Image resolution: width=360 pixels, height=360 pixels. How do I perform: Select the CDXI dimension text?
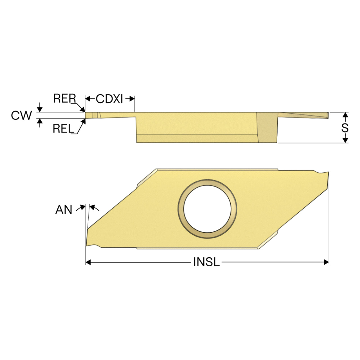point(109,99)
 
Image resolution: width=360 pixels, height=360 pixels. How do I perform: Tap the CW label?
point(21,115)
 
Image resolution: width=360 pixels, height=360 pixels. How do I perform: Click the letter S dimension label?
point(345,128)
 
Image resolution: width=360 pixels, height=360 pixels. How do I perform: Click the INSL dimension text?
point(206,262)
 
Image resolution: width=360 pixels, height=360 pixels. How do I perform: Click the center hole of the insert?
point(207,209)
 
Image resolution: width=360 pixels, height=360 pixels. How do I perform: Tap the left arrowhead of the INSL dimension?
point(88,262)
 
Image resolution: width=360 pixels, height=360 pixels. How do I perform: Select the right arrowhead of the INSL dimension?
point(326,262)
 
